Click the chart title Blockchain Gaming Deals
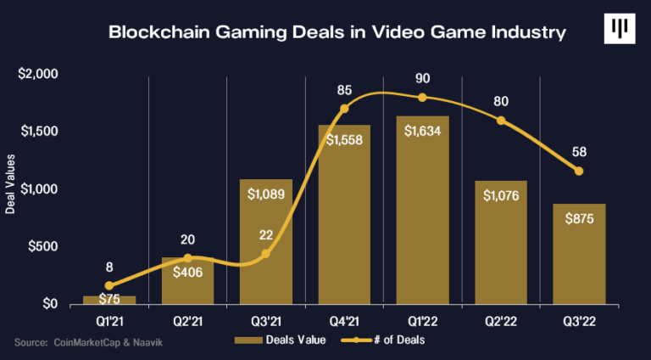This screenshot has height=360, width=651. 337,34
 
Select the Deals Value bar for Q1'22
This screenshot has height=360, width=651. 422,212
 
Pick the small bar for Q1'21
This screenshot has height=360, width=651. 109,300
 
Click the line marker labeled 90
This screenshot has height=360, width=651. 422,97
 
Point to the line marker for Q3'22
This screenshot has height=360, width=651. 579,172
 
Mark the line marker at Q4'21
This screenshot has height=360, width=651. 344,109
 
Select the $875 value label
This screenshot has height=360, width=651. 579,217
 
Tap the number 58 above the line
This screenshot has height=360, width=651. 580,152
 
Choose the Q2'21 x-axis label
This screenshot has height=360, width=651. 187,321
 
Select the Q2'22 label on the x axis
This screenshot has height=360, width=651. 501,321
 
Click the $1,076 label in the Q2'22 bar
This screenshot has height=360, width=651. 501,194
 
